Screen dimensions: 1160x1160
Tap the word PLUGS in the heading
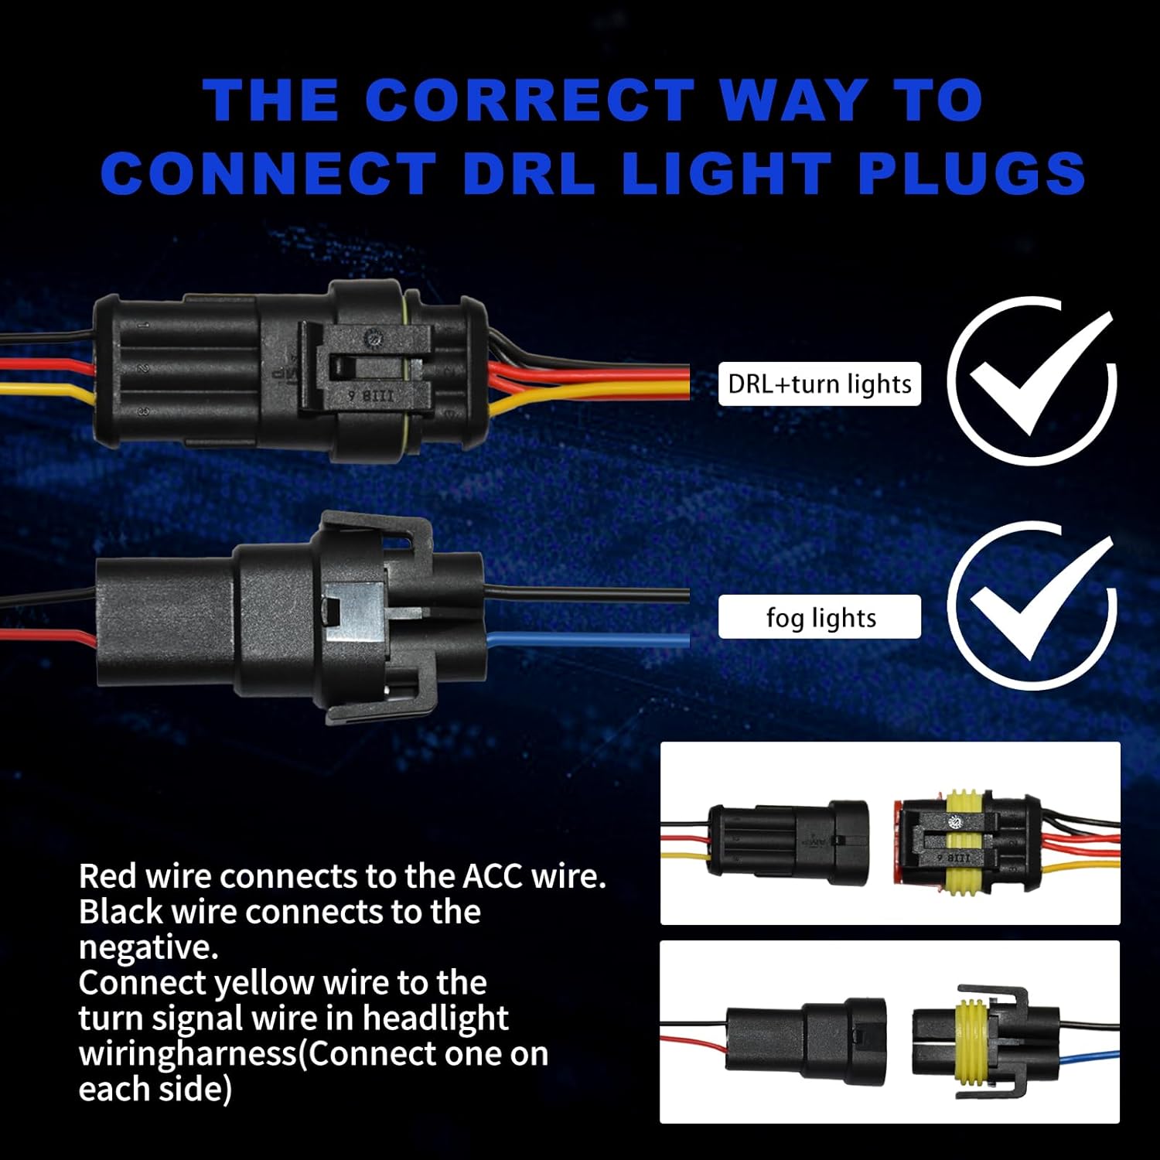[x=972, y=172]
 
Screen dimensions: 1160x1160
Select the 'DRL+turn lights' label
[x=820, y=384]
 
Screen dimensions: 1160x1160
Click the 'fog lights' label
[x=820, y=617]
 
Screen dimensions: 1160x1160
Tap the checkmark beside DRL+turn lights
[x=1032, y=379]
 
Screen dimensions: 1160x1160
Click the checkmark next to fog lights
[x=1032, y=605]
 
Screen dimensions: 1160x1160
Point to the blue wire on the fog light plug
[x=588, y=640]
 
